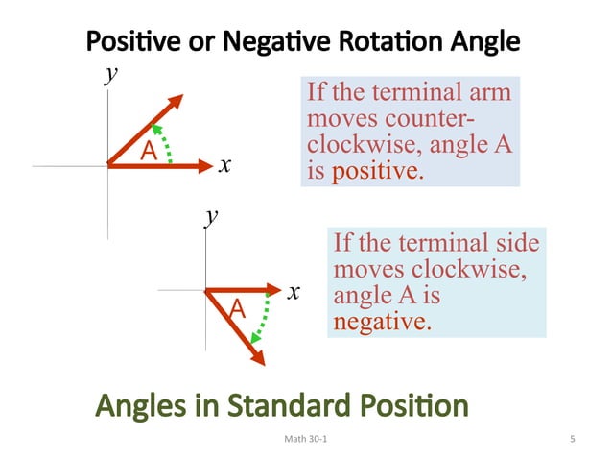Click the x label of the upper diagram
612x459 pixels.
click(224, 165)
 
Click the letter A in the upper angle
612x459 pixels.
click(149, 151)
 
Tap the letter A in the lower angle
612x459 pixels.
click(236, 309)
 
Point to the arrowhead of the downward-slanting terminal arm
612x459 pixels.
click(257, 356)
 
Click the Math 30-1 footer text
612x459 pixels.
click(305, 440)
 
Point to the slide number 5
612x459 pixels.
click(572, 440)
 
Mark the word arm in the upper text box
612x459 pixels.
click(486, 94)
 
